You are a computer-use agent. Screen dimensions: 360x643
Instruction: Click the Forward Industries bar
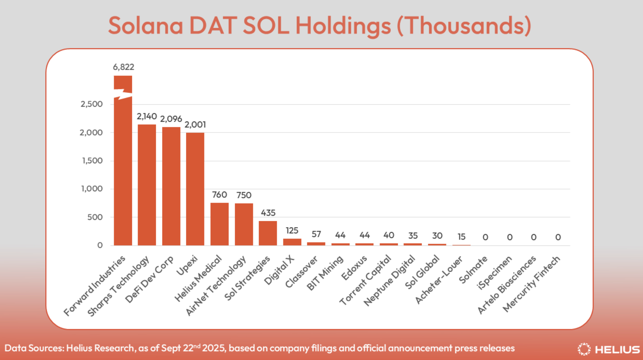tap(123, 170)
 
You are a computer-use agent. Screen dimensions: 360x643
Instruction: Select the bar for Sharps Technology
tap(147, 185)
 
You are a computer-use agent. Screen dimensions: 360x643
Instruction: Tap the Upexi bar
tap(195, 189)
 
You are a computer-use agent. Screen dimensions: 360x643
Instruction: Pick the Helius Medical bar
tap(219, 224)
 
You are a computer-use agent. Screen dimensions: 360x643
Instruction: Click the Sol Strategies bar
tap(268, 233)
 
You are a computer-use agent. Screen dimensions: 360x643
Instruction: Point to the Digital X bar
tap(292, 242)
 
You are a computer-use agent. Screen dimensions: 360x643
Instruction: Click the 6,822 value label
tap(123, 67)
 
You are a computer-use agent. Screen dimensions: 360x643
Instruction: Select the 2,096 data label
tap(171, 119)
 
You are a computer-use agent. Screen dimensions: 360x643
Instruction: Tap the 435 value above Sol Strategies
tap(268, 213)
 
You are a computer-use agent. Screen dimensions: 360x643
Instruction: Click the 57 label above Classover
tap(316, 234)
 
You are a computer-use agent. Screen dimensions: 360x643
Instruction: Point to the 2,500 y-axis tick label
tap(92, 104)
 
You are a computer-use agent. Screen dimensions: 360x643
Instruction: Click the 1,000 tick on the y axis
tap(92, 189)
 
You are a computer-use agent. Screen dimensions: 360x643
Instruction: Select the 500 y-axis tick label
tap(95, 217)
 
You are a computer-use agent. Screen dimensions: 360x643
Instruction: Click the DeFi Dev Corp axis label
tap(150, 279)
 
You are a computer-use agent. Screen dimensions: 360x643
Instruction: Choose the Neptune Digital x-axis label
tap(390, 280)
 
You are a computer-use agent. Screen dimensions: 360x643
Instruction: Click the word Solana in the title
tap(146, 26)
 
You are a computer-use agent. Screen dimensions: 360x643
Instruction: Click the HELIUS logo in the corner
tap(609, 349)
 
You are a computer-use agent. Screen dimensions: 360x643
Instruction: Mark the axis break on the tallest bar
tap(123, 94)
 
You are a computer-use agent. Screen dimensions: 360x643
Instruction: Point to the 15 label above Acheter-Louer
tap(461, 237)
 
